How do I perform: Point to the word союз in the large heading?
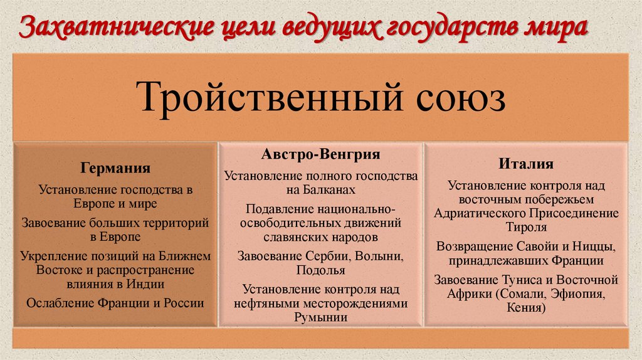pyautogui.click(x=460, y=99)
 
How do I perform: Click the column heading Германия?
pyautogui.click(x=115, y=168)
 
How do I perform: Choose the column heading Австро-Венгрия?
pyautogui.click(x=320, y=154)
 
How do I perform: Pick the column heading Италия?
pyautogui.click(x=526, y=164)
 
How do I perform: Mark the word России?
pyautogui.click(x=183, y=303)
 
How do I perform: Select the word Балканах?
pyautogui.click(x=329, y=189)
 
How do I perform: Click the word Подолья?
pyautogui.click(x=320, y=270)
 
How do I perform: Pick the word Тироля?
pyautogui.click(x=525, y=226)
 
